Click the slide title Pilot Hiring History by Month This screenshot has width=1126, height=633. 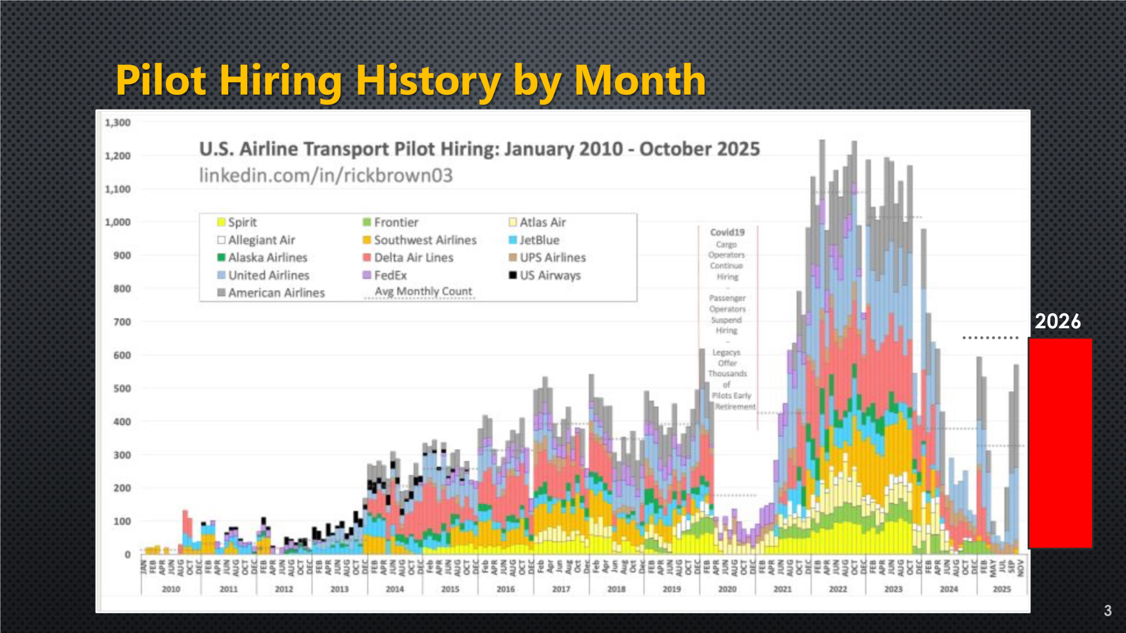[410, 80]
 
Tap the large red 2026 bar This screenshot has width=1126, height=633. [1060, 443]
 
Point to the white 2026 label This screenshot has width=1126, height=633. [1057, 321]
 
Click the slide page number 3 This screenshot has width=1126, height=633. [1108, 611]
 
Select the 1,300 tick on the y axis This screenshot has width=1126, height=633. [117, 123]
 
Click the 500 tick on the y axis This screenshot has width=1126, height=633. [122, 389]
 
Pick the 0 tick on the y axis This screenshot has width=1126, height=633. [127, 555]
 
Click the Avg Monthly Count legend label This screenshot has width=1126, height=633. [423, 291]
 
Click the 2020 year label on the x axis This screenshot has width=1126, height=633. [727, 589]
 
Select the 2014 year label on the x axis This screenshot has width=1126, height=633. [395, 589]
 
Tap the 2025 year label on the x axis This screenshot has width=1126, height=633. [1002, 589]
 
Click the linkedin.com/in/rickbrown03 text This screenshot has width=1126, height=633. [326, 175]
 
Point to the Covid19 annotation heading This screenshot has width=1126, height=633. [727, 232]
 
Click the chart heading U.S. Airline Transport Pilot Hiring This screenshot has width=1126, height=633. [479, 149]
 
